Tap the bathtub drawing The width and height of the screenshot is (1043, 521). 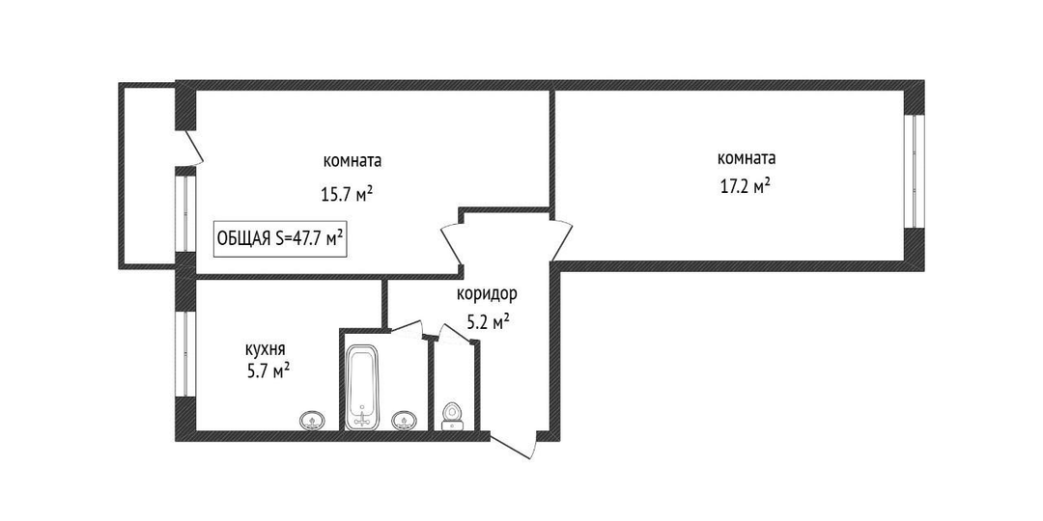coord(362,387)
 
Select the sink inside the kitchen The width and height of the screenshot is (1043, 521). coord(311,420)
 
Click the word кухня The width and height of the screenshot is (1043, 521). coord(266,350)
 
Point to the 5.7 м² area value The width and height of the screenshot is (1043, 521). coord(268,370)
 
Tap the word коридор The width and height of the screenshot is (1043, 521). coord(487,293)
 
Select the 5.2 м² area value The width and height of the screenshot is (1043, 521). coord(489,323)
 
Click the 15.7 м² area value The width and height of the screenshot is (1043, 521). coord(346,194)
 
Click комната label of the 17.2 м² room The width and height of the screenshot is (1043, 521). coord(747,159)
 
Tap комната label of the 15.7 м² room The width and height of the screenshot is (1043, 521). coord(352,161)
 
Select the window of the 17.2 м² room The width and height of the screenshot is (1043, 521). coord(916,172)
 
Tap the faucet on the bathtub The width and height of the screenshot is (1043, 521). coord(362,418)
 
